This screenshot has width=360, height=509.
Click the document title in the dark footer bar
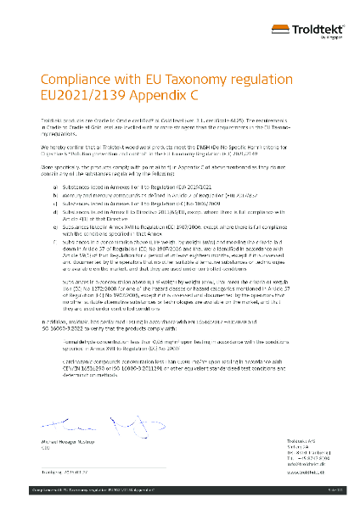pyautogui.click(x=77, y=491)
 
